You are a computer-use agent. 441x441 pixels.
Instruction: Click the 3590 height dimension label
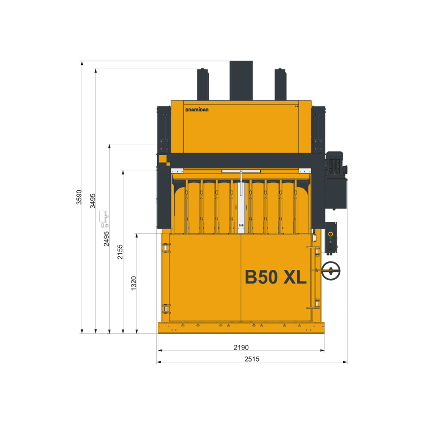[79, 197]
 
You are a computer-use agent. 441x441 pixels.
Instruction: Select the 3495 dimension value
[93, 201]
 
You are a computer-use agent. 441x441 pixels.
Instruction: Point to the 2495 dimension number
[106, 239]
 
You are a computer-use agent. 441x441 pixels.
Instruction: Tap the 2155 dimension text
[120, 252]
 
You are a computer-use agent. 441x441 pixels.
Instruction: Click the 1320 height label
[134, 283]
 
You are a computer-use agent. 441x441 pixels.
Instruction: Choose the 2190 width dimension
[241, 347]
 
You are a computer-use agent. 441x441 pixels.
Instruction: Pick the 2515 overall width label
[252, 359]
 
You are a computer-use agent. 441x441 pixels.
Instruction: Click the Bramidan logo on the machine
[197, 109]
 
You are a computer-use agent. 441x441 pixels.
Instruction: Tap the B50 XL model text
[276, 277]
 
